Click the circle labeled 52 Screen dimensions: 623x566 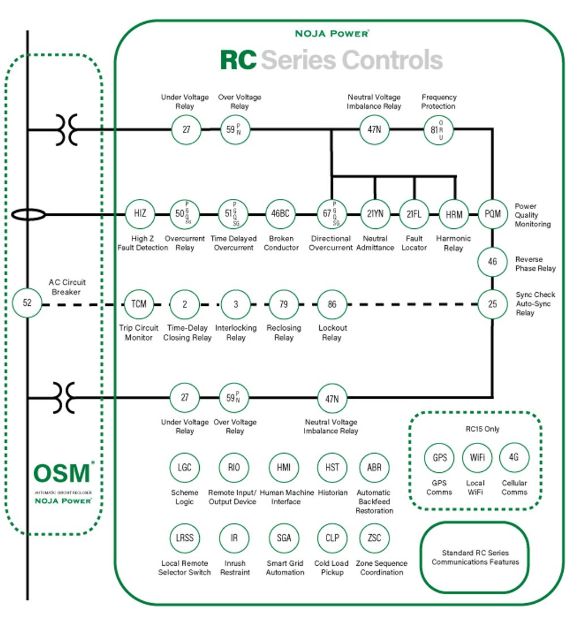27,302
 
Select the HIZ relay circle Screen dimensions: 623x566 140,214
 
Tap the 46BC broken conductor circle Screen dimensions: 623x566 281,214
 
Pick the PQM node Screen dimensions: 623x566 492,214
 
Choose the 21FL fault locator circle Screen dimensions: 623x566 414,214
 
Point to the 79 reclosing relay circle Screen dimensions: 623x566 284,304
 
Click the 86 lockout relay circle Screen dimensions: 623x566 332,304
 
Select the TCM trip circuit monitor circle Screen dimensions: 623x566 139,304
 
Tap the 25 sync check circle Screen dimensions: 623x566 492,304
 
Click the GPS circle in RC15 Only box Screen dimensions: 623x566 440,458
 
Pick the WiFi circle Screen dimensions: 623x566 477,458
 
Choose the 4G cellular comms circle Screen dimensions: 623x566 514,458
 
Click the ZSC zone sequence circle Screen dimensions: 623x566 374,537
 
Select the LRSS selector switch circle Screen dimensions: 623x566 185,537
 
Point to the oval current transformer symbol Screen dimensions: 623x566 27,215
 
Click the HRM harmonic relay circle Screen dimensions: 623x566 454,214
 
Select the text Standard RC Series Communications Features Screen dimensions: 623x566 475,557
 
